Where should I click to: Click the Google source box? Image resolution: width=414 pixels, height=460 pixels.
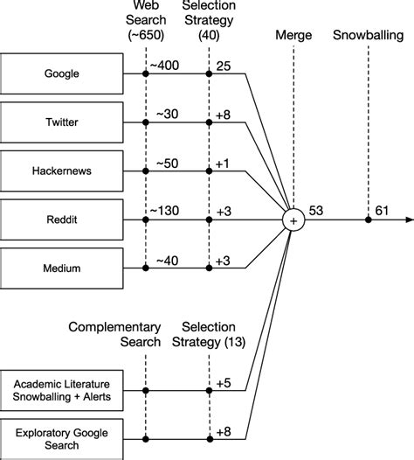click(61, 73)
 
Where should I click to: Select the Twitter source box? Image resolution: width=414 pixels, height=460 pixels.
click(61, 122)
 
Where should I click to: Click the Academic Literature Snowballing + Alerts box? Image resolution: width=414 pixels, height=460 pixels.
click(61, 388)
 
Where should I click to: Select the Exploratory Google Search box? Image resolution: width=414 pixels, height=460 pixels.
click(61, 436)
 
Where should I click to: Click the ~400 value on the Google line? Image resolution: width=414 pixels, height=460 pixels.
click(166, 66)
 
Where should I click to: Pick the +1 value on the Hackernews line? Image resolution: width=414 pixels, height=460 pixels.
click(224, 162)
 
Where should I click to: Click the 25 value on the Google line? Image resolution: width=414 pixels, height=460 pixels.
click(224, 66)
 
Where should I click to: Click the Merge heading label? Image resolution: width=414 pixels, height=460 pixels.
click(293, 36)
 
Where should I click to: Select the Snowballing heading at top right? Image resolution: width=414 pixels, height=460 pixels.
click(368, 36)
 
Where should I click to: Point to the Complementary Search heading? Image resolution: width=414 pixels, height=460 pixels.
click(116, 335)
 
